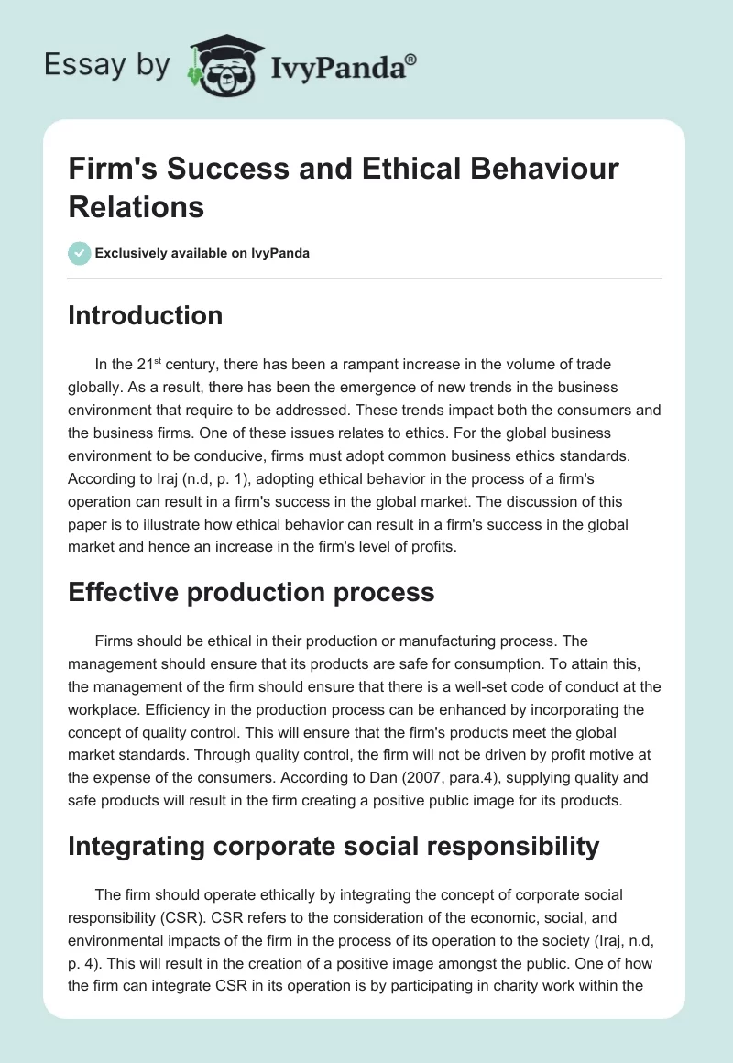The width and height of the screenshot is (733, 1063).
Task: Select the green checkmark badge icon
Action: click(80, 253)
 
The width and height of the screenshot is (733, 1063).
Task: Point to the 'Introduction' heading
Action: click(146, 315)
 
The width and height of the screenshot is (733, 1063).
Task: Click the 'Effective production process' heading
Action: click(251, 592)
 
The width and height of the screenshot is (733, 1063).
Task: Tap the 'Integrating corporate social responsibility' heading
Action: click(334, 845)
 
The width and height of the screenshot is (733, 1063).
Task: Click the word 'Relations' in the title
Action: click(137, 207)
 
